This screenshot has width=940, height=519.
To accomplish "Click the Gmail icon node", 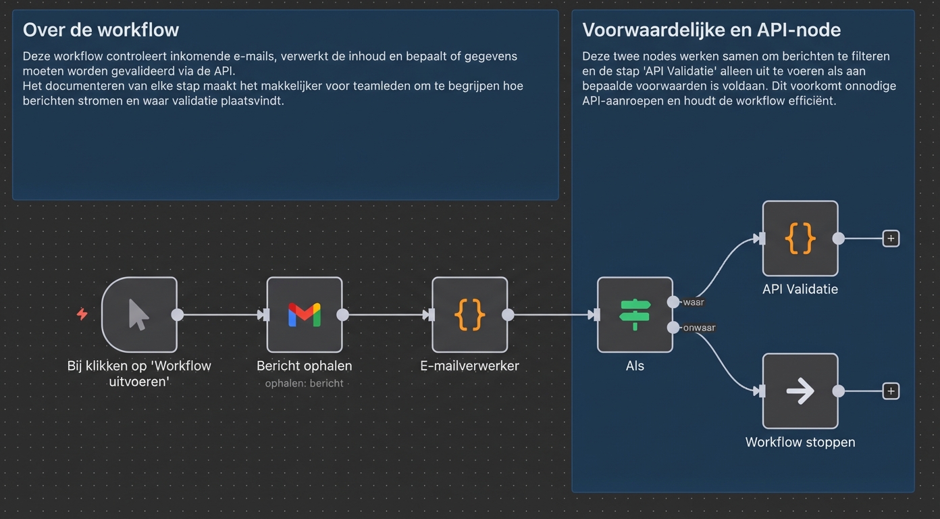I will tap(305, 315).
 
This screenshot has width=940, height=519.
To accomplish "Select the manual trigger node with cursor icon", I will tap(139, 315).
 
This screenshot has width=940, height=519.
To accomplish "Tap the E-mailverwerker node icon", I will tap(470, 315).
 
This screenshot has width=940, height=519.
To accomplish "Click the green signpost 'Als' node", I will tap(635, 315).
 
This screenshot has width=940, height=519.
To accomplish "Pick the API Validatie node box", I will tap(800, 239).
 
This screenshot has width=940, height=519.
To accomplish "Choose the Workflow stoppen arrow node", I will tap(800, 391).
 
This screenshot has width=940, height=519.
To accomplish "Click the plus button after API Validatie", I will tap(891, 239).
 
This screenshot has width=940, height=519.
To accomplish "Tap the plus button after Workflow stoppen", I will tap(891, 391).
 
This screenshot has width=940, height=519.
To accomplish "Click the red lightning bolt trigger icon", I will tap(82, 314).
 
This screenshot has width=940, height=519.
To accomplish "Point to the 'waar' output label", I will tap(694, 302).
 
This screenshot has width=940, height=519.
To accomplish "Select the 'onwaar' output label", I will tap(699, 328).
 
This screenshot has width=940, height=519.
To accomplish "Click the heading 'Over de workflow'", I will tap(101, 30).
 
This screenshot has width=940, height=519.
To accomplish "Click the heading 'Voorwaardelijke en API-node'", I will tap(711, 30).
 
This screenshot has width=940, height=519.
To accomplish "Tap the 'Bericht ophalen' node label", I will tap(305, 366).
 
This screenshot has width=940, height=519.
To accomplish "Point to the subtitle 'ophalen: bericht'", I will tap(305, 383).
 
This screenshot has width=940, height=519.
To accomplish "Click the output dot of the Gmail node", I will tap(342, 315).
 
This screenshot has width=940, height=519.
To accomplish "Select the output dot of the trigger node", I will tap(178, 315).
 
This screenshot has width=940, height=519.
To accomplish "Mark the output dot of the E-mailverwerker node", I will tap(508, 315).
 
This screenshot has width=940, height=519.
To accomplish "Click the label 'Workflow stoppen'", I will tap(800, 442).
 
